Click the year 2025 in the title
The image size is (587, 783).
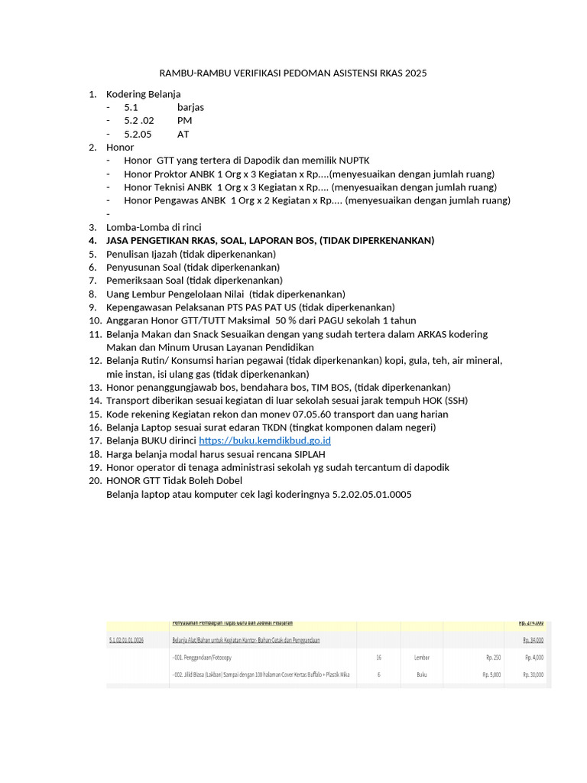414,73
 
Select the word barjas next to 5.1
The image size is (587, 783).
190,107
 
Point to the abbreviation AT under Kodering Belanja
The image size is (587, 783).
183,134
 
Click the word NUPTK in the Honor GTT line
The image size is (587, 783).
352,161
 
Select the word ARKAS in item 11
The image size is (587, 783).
433,334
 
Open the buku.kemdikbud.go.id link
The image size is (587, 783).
264,440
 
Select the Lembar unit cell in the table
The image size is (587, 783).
422,657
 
